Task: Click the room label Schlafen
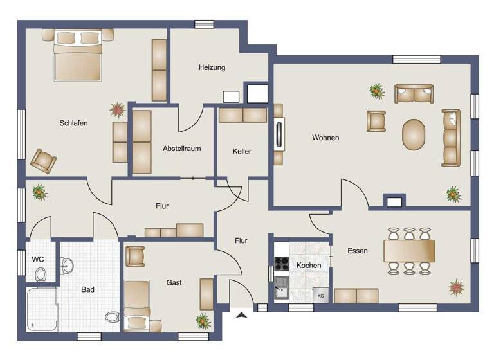pos(73,123)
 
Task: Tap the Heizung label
pos(212,67)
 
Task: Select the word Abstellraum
pos(181,148)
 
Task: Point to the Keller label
pos(242,152)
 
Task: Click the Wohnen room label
pos(325,138)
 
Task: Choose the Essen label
pos(358,251)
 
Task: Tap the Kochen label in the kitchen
pos(308,265)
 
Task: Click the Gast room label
pos(174,282)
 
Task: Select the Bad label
pos(87,290)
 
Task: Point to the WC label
pos(38,259)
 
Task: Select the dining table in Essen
pos(409,251)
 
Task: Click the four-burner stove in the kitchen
pos(282,263)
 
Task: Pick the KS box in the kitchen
pos(320,296)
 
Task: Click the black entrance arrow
pos(242,314)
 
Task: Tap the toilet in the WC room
pos(41,274)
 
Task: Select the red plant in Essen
pos(457,287)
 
